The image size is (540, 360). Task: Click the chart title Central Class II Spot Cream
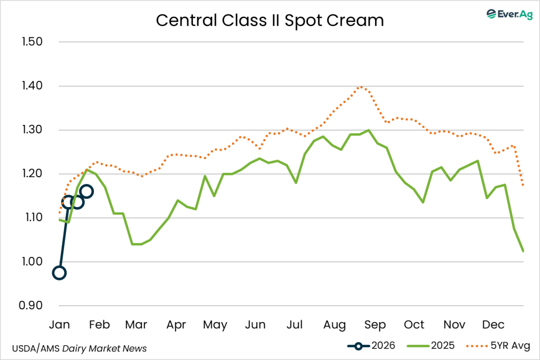[270, 21]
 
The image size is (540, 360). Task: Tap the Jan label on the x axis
[59, 324]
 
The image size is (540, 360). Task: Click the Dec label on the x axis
[494, 324]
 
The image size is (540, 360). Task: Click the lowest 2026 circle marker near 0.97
[59, 273]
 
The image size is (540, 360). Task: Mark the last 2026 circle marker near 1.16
[86, 191]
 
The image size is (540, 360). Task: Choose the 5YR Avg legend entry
[498, 346]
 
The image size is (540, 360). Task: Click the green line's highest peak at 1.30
[368, 130]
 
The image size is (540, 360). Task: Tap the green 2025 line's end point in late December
[523, 251]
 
